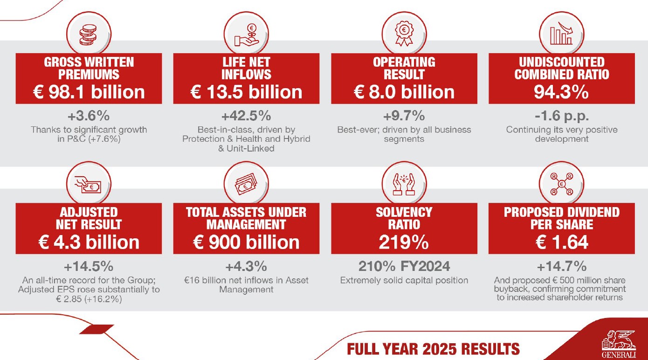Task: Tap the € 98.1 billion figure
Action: [x=89, y=91]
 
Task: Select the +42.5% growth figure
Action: [x=246, y=116]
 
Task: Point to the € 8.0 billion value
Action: [x=404, y=91]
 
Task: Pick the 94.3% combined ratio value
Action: [x=561, y=91]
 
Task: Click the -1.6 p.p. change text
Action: [x=561, y=116]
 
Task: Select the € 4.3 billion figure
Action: [x=89, y=242]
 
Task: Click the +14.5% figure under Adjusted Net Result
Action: [x=89, y=266]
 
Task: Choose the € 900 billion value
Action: [x=246, y=242]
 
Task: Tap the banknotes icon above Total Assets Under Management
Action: [x=246, y=186]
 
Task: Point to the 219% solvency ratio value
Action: [x=404, y=242]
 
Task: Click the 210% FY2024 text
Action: [x=404, y=266]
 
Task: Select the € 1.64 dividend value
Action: [x=561, y=242]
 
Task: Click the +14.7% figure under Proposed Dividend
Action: [x=561, y=266]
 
